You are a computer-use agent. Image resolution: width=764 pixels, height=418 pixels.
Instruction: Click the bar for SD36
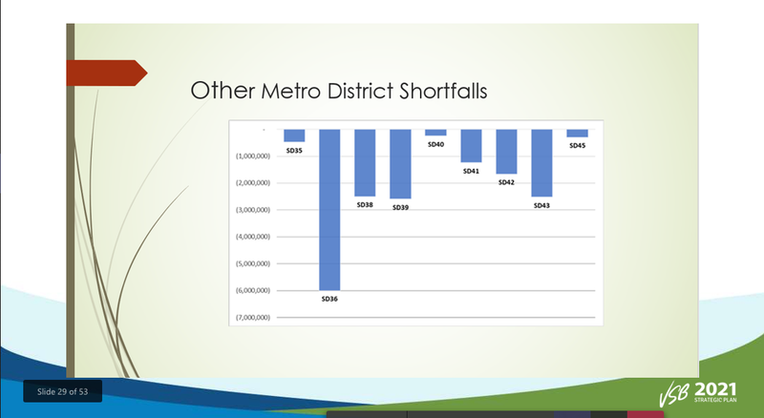(329, 209)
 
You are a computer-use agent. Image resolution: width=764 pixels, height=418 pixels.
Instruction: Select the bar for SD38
(365, 162)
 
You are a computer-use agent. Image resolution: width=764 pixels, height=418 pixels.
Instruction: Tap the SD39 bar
(400, 163)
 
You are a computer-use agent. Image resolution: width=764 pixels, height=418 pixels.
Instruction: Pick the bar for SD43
(541, 162)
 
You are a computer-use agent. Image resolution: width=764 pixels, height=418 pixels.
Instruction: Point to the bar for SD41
(471, 146)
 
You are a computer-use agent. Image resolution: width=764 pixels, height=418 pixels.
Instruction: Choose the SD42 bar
(506, 152)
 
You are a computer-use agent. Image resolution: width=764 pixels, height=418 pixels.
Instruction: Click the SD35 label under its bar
(294, 151)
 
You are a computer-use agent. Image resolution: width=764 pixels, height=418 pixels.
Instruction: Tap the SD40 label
(435, 144)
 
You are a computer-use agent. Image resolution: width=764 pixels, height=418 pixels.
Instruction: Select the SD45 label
(577, 146)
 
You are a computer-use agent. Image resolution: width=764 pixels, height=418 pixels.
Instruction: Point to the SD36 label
(329, 299)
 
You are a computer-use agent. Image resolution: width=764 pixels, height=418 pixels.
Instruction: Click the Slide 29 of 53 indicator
(62, 391)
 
